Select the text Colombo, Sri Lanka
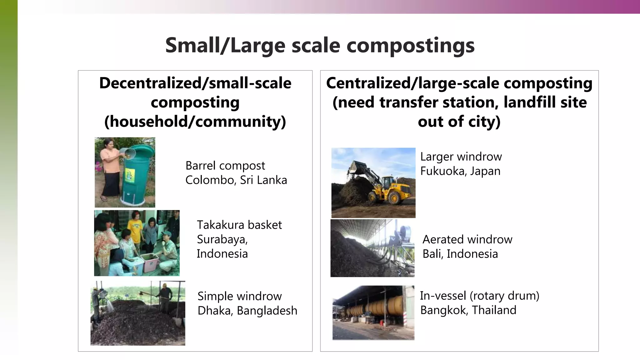point(236,180)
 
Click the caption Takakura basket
point(239,225)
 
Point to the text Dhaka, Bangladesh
point(247,311)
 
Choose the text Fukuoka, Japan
point(460,171)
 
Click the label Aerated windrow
point(467,239)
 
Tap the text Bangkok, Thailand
point(468,310)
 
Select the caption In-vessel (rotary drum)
point(479,296)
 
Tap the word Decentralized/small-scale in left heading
point(195,83)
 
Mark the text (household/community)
point(195,121)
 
